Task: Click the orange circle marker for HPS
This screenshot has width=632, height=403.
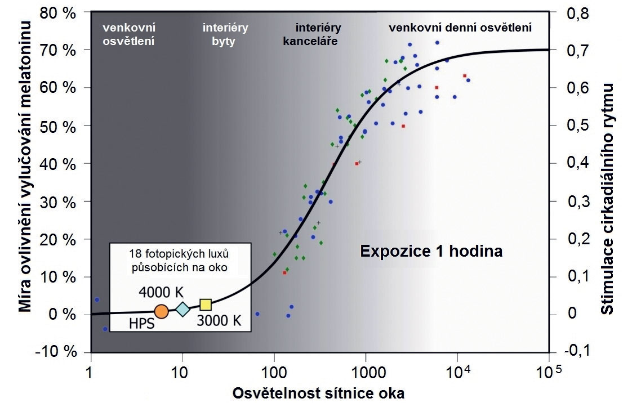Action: [x=161, y=311]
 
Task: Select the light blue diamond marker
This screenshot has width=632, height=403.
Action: [x=183, y=309]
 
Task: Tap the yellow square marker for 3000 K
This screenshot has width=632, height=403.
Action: [x=206, y=305]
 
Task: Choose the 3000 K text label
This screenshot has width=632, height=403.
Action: [x=219, y=321]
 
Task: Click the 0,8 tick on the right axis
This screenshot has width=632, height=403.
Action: [x=575, y=13]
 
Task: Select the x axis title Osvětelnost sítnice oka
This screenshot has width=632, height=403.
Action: [x=319, y=393]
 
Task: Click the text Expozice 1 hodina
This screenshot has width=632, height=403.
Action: [x=431, y=251]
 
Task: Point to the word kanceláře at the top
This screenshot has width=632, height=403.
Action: [x=306, y=41]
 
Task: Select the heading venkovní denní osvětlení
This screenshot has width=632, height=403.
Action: [x=460, y=27]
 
